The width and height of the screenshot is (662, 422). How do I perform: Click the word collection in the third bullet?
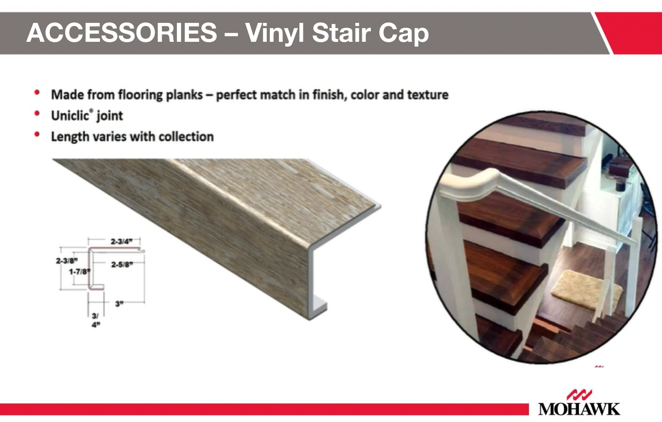pos(186,136)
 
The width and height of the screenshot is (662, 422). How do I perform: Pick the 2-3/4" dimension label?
pos(121,241)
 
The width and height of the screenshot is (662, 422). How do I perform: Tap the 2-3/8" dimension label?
pos(67,261)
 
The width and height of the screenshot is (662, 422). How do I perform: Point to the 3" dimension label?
pos(119,304)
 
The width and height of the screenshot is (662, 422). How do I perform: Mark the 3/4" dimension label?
pos(95,320)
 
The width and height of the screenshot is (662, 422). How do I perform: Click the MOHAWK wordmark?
pos(579,409)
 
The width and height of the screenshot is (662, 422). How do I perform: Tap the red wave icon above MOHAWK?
pos(579,394)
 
